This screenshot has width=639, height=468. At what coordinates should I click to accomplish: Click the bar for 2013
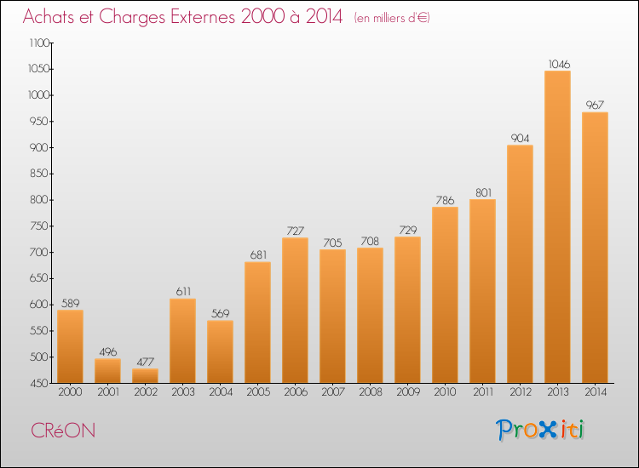click(x=557, y=226)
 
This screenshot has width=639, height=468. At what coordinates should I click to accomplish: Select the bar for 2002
click(x=145, y=375)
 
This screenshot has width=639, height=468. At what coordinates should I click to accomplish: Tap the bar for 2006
click(x=295, y=310)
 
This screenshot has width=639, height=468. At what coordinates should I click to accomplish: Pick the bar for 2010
click(x=445, y=294)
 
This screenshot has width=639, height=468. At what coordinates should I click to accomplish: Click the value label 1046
click(x=559, y=65)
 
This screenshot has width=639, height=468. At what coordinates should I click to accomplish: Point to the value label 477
click(x=146, y=362)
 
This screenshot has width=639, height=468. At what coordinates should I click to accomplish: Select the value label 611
click(x=183, y=291)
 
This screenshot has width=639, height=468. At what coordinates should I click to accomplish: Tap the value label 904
click(x=520, y=139)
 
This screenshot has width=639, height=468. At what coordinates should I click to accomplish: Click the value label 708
click(x=370, y=242)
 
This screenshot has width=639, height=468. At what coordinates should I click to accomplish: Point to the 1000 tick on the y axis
click(x=51, y=94)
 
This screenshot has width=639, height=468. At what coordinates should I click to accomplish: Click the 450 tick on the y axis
click(x=51, y=383)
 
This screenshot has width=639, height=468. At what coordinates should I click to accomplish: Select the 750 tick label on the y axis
click(x=38, y=225)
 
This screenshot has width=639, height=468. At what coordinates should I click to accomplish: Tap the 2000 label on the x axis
click(x=70, y=392)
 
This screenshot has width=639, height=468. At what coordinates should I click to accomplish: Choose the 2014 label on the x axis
click(x=596, y=392)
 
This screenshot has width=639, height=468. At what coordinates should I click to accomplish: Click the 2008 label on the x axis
click(x=371, y=392)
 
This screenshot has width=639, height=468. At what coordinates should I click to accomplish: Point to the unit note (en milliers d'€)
click(x=392, y=18)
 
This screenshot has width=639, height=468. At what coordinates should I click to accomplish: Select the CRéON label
click(x=63, y=431)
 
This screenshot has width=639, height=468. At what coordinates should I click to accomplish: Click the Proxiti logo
click(x=540, y=430)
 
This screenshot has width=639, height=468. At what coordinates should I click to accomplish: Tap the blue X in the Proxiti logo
click(x=547, y=430)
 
